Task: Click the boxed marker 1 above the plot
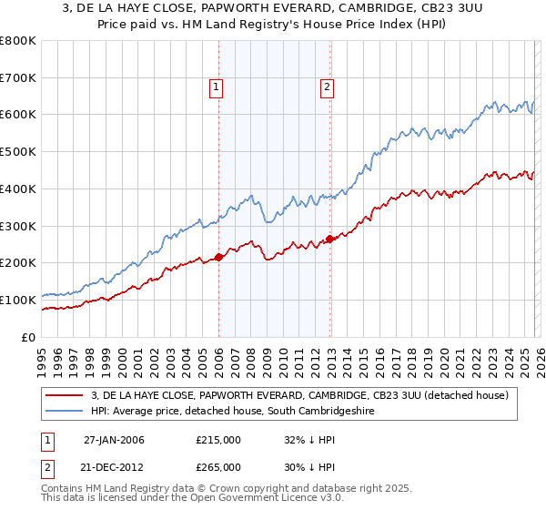pos(217,87)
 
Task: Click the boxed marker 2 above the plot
pos(326,87)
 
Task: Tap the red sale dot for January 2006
pos(218,257)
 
